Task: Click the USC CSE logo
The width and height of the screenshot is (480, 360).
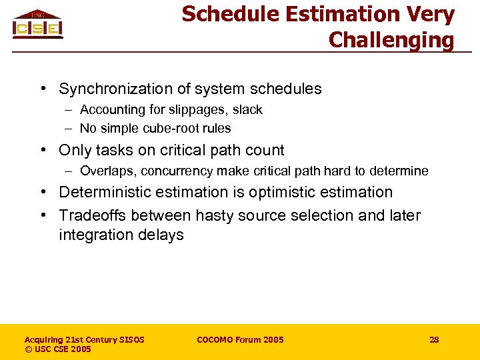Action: pyautogui.click(x=37, y=25)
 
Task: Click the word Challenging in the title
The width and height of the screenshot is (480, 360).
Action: pyautogui.click(x=391, y=40)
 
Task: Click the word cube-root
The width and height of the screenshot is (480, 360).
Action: pyautogui.click(x=170, y=129)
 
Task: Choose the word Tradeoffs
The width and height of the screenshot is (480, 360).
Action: pyautogui.click(x=91, y=216)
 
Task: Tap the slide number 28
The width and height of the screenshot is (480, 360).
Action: pyautogui.click(x=434, y=340)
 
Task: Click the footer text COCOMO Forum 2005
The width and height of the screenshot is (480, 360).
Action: pyautogui.click(x=240, y=340)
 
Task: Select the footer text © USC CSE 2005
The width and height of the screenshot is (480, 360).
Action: pyautogui.click(x=57, y=349)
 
